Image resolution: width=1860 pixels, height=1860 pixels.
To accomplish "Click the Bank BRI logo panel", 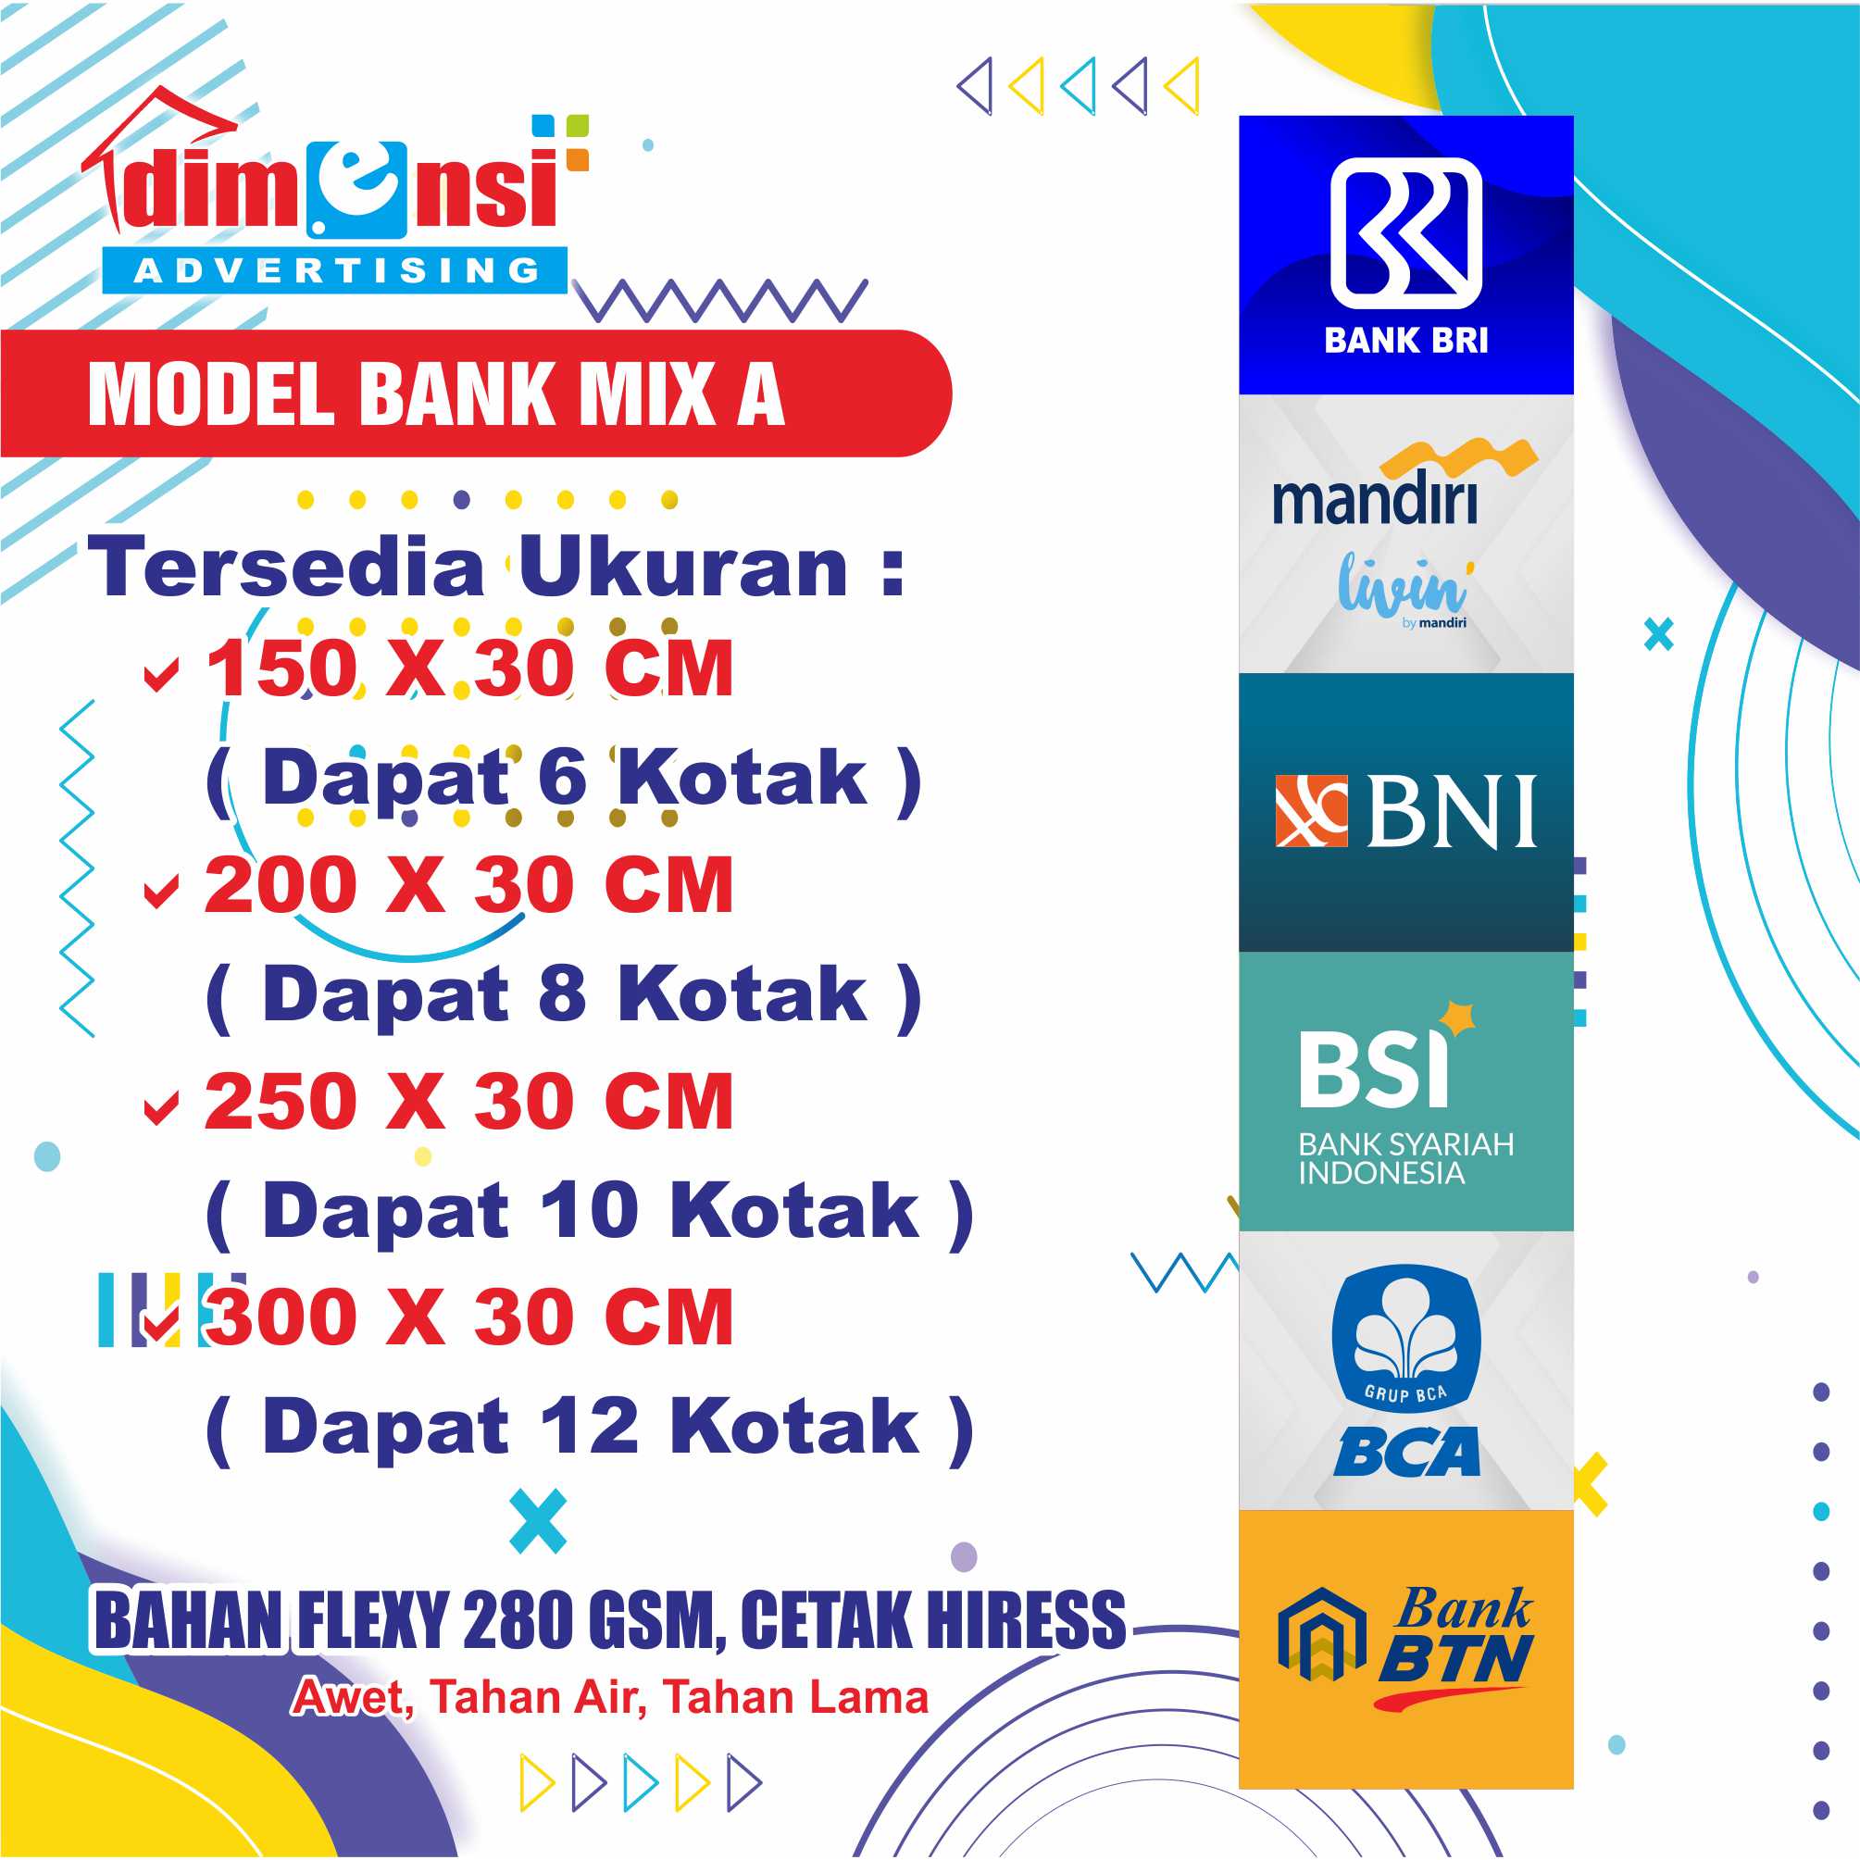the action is point(1405,256).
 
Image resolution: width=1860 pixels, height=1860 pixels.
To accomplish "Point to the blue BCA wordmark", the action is point(1406,1452).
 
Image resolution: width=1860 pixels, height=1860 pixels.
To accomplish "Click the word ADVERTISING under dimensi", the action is point(336,270).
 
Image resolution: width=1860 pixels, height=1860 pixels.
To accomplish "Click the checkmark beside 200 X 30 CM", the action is point(161,891).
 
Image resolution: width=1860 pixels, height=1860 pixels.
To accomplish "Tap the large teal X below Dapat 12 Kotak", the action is point(538,1521).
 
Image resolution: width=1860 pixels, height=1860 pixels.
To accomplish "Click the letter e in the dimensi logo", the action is point(357,187).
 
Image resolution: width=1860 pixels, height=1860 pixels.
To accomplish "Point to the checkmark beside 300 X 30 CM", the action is point(161,1324).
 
